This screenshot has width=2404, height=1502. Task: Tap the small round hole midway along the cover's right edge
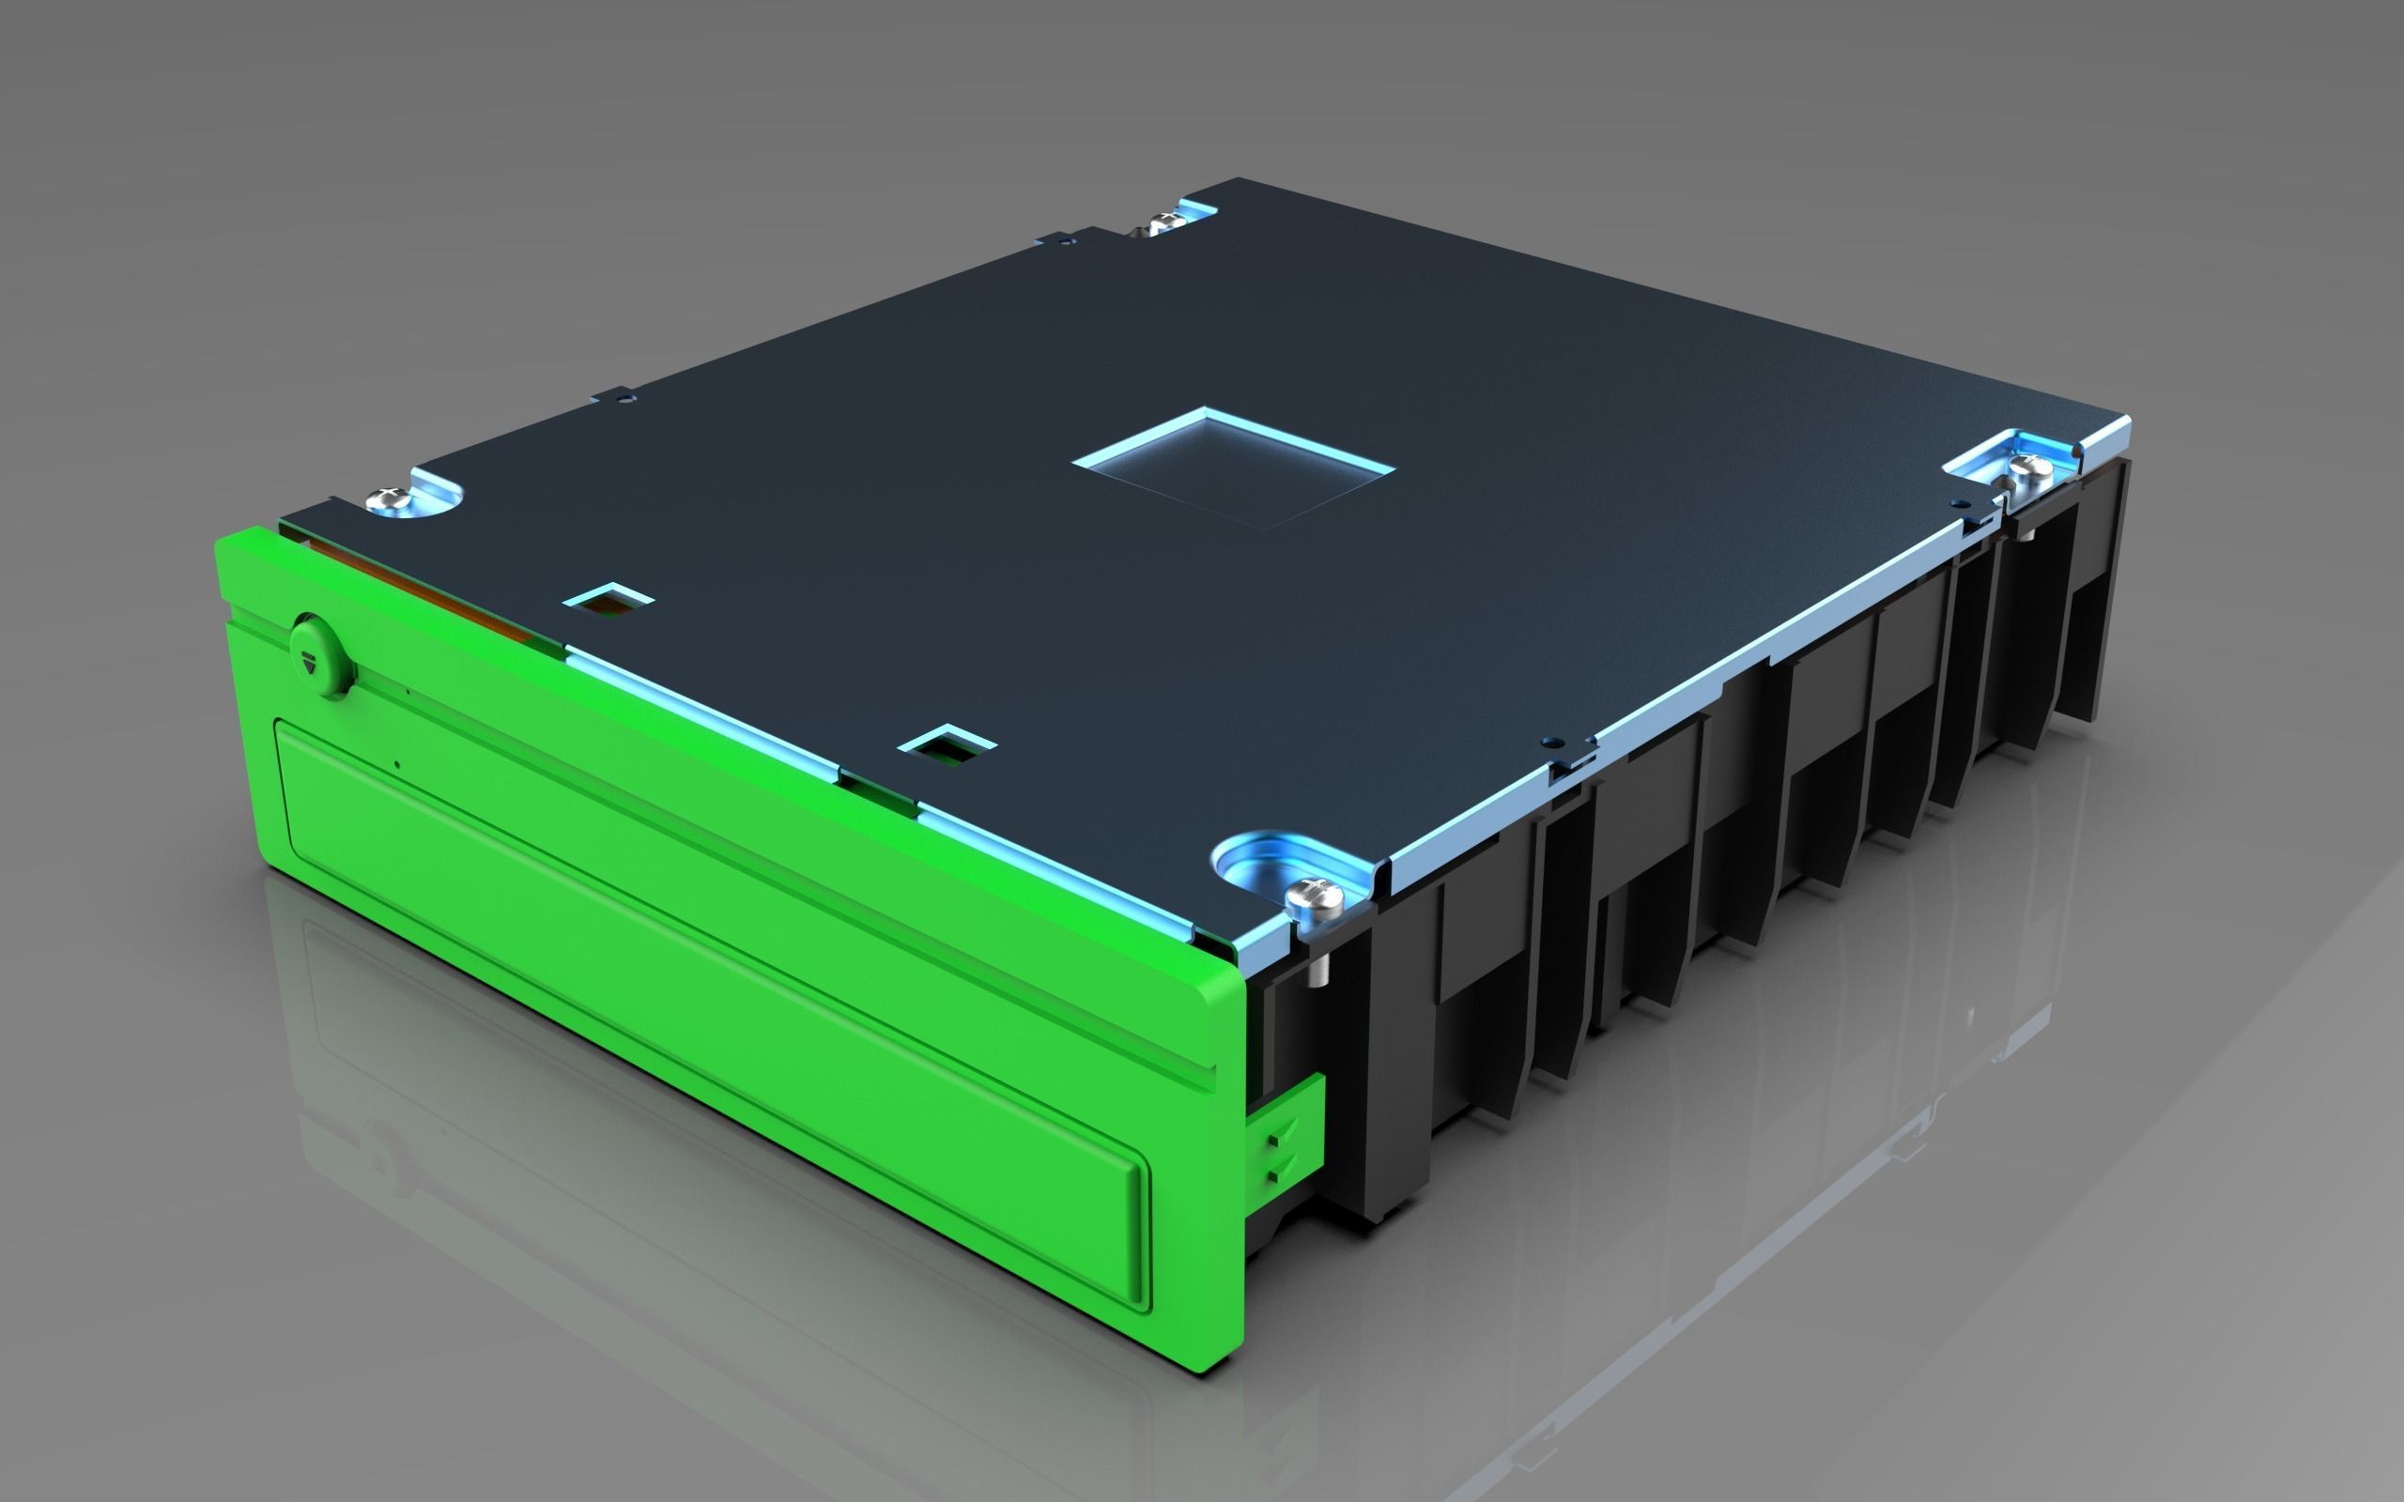(1547, 741)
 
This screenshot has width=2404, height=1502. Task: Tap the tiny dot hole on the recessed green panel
(397, 764)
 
